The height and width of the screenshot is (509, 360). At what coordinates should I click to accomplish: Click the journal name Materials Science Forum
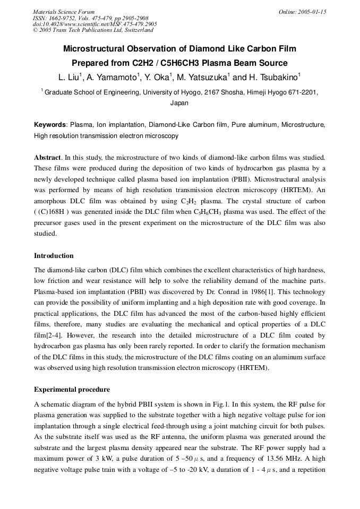(x=64, y=12)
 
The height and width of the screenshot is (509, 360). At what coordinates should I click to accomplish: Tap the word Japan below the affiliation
(x=179, y=103)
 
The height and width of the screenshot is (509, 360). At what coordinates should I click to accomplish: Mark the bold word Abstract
(x=48, y=158)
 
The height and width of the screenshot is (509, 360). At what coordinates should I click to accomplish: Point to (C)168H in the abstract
(x=57, y=212)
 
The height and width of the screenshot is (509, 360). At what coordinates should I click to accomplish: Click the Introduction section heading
(x=54, y=256)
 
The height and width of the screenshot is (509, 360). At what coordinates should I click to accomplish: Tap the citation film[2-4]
(x=48, y=335)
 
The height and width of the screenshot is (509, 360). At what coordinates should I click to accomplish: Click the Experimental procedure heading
(x=72, y=390)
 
